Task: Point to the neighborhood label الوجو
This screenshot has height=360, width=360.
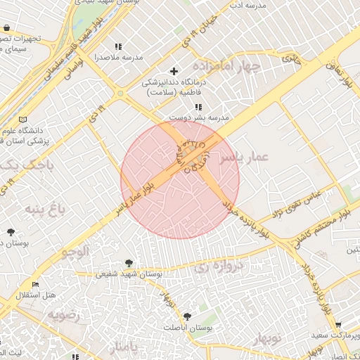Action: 75,251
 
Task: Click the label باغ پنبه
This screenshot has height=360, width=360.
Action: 45,209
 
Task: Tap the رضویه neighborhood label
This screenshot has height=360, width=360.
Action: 64,314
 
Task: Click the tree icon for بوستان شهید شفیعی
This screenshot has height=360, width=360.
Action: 127,262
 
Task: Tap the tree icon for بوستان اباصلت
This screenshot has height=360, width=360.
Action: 186,316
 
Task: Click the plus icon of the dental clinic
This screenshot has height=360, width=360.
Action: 175,71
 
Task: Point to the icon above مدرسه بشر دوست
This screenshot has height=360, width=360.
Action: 198,107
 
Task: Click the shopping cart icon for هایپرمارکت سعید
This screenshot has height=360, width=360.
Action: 338,325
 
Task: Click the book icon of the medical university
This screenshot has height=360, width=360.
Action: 25,120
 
